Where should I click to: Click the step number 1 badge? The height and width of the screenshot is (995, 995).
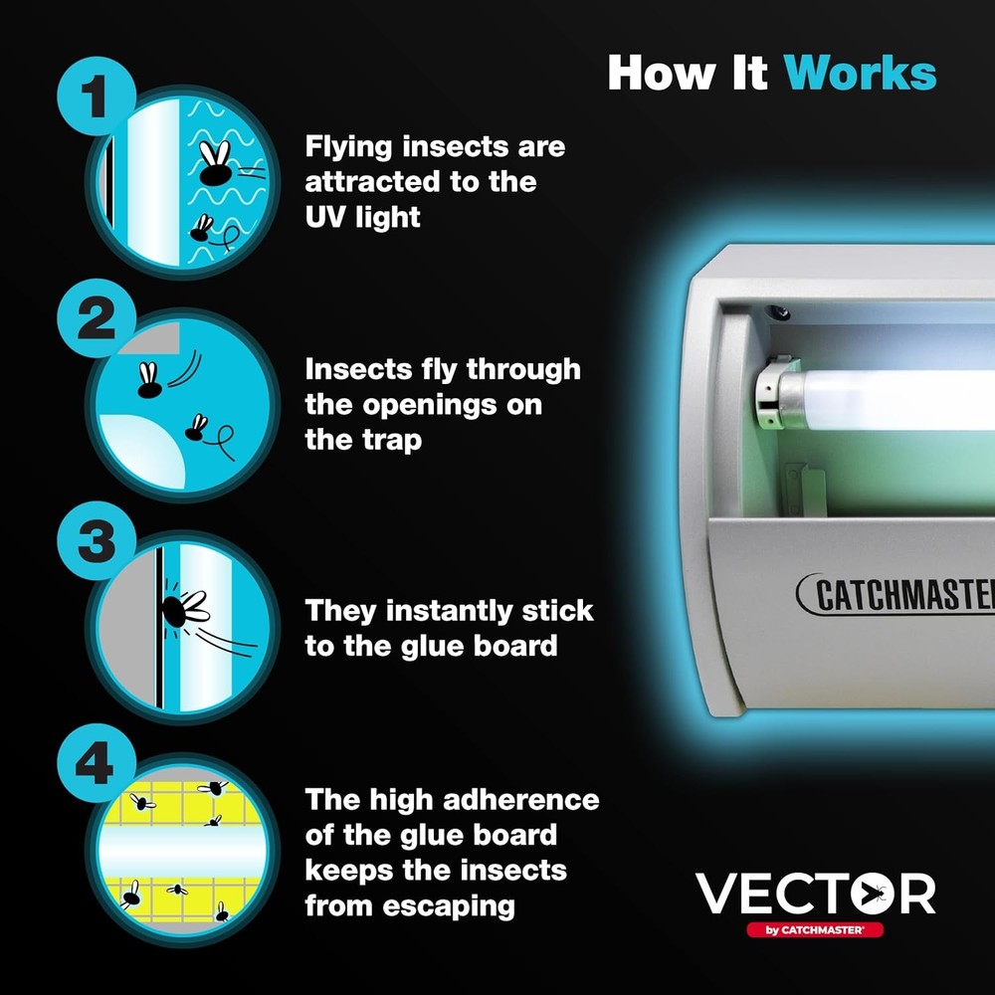point(97,97)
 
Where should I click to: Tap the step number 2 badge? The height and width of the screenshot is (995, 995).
point(97,321)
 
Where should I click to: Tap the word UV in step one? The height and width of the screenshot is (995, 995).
point(325,217)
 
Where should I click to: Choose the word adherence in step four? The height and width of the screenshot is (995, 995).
point(526,799)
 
